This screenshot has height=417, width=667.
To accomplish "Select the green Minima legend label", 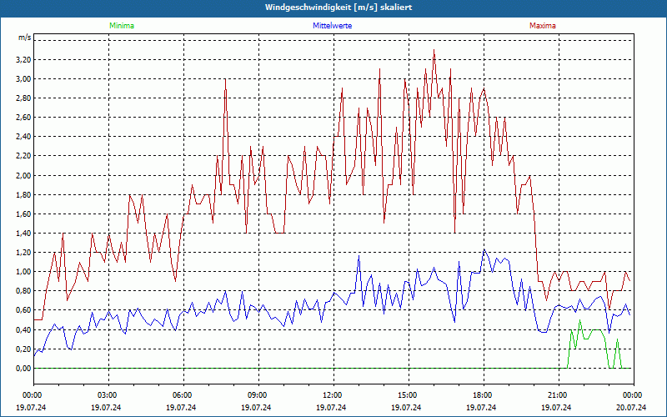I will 121,26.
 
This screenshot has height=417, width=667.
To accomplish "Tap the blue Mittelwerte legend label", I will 333,26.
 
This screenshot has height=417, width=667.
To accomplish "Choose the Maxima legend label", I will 543,26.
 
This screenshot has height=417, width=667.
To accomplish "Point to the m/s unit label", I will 24,38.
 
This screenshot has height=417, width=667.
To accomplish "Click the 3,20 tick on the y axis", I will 23,60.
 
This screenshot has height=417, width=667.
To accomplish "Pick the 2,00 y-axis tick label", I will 23,175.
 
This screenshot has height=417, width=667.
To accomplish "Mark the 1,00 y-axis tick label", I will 23,272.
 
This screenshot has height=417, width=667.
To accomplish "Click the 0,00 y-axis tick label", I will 23,368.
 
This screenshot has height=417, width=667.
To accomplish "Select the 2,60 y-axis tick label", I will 23,118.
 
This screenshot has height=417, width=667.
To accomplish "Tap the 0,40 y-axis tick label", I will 23,329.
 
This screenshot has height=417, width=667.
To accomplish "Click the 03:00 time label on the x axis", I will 108,394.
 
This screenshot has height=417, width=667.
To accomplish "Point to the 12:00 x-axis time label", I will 333,394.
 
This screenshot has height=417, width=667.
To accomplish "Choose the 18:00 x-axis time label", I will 483,394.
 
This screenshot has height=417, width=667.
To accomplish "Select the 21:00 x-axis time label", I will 558,394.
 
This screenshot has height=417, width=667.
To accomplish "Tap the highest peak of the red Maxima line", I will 434,50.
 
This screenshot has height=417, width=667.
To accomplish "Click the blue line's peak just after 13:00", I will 359,256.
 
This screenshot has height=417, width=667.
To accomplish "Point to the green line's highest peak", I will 580,320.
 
